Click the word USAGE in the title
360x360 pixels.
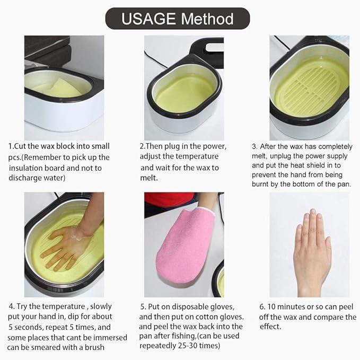pos(149,19)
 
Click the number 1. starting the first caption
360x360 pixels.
pos(11,146)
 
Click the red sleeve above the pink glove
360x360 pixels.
pos(169,200)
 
